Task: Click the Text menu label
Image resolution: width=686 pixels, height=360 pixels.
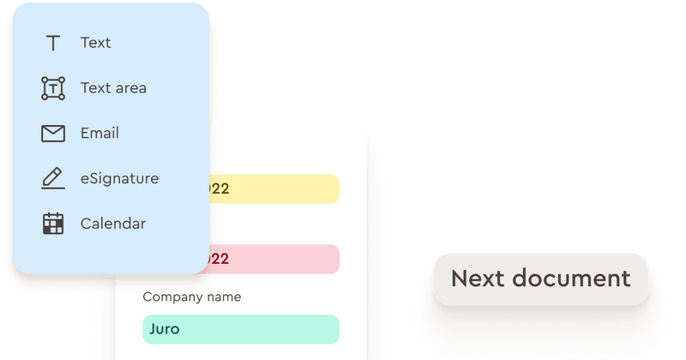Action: (95, 43)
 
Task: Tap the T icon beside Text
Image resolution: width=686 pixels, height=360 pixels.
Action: (53, 43)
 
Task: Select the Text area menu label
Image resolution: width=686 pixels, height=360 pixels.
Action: (113, 87)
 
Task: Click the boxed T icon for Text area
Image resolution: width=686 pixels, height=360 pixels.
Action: (53, 87)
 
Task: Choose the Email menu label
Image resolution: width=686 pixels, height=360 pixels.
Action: (99, 133)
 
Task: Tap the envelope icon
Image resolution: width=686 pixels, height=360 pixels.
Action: (53, 133)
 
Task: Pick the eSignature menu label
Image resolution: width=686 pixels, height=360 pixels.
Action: (119, 178)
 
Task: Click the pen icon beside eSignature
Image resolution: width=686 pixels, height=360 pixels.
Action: (53, 178)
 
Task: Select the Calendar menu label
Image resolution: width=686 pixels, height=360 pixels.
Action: (113, 224)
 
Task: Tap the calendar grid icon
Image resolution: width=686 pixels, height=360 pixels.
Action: (53, 224)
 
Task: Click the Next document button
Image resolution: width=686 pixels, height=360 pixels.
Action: (540, 279)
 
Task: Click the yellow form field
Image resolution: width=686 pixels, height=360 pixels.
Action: (274, 189)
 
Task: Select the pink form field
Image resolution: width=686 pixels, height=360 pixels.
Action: (274, 259)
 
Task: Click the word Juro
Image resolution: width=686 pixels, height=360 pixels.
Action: (165, 329)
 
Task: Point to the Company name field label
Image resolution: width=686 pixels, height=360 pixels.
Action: (192, 297)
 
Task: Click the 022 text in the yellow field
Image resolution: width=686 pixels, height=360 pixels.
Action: (220, 189)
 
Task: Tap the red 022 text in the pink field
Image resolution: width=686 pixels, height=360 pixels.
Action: (220, 259)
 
